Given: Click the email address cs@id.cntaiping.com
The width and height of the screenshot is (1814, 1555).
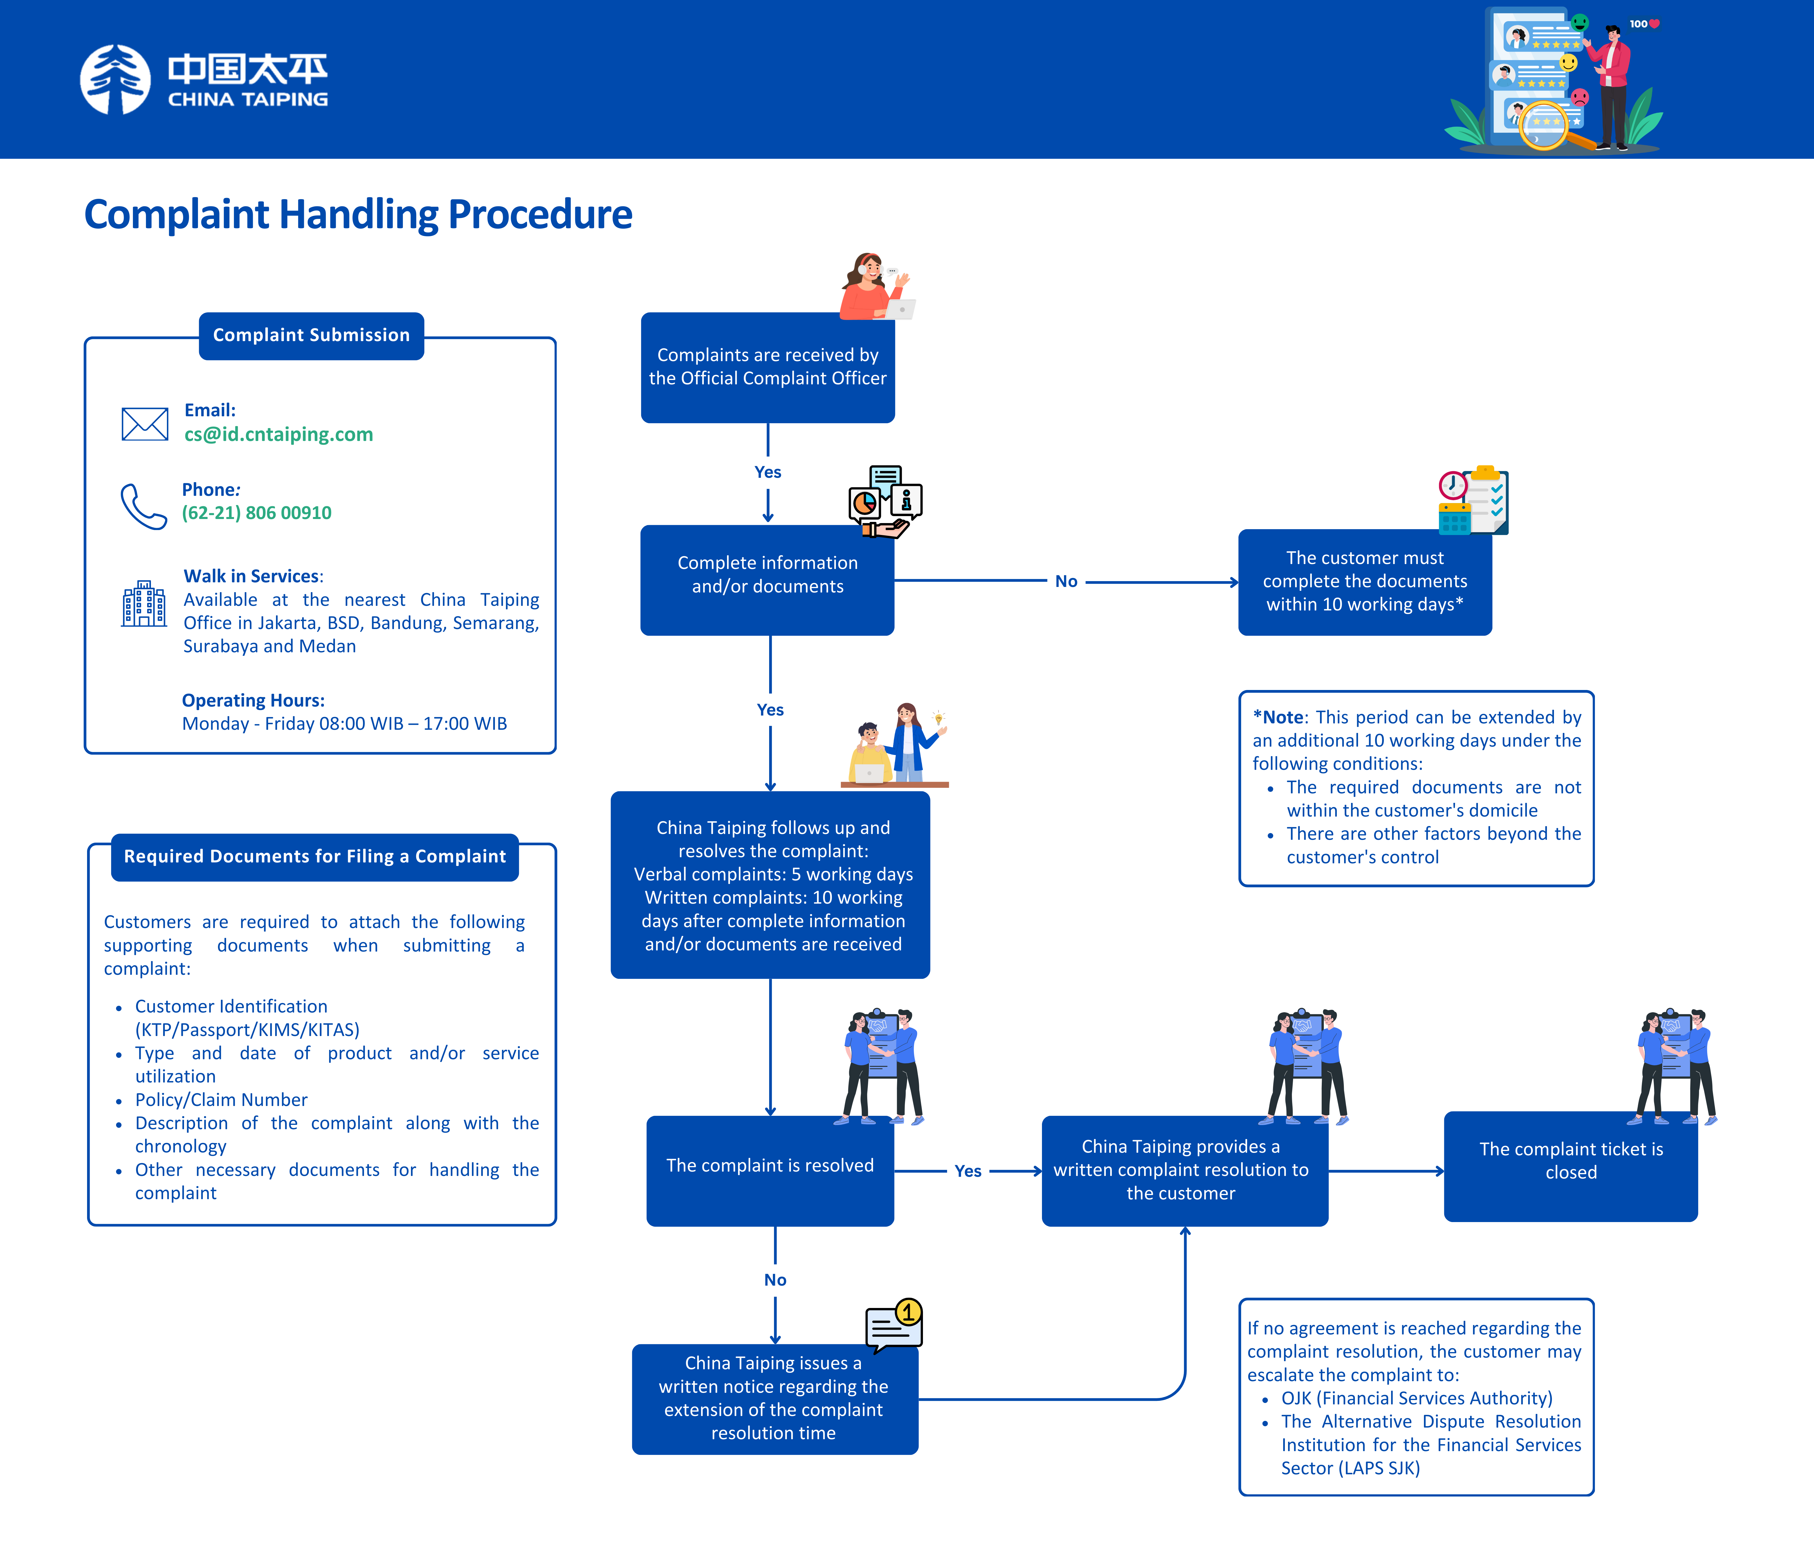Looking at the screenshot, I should click(x=278, y=434).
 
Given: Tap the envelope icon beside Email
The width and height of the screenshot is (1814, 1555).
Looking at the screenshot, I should click(x=145, y=424).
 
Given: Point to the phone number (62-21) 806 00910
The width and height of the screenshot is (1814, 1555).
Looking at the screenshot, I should click(x=257, y=513).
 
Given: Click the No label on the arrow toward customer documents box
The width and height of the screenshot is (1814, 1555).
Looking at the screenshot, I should click(x=1065, y=581).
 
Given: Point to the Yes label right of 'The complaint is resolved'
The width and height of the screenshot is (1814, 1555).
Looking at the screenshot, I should click(x=967, y=1172).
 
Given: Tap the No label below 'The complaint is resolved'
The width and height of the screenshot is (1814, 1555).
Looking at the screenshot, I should click(x=775, y=1280).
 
